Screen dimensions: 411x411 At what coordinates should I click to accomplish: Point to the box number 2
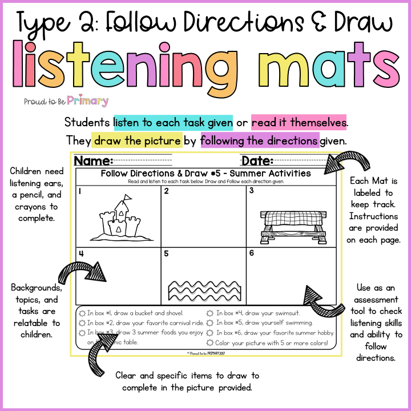tap(166, 191)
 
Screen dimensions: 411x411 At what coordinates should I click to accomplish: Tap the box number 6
tap(251, 253)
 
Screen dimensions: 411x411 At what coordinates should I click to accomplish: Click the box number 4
tap(82, 253)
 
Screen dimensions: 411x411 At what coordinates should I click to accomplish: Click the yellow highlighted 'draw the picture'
tap(138, 140)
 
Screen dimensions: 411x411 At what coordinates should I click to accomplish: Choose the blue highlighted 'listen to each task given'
tap(173, 122)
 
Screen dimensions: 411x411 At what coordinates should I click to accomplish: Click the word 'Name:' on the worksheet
tap(93, 160)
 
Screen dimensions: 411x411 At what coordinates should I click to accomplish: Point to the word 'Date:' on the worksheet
tap(257, 160)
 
